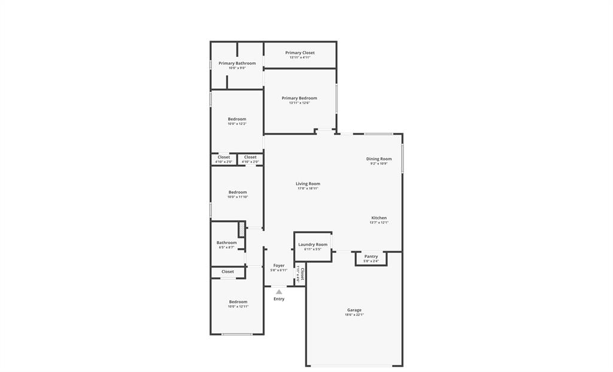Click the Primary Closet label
click(x=300, y=53)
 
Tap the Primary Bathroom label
click(x=237, y=63)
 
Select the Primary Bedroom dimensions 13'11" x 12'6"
click(x=299, y=103)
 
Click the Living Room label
click(x=308, y=184)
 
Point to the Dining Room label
click(x=379, y=159)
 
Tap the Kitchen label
click(x=379, y=218)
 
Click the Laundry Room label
click(x=312, y=244)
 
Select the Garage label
click(x=354, y=310)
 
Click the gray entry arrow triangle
click(x=279, y=292)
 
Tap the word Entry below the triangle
click(x=279, y=299)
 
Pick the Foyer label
click(x=279, y=266)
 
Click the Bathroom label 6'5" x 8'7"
click(x=226, y=243)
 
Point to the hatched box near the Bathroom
click(x=242, y=229)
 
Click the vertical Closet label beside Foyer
click(x=302, y=275)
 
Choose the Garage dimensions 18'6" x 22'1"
click(x=354, y=315)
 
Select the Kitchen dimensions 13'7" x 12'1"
click(x=379, y=222)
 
